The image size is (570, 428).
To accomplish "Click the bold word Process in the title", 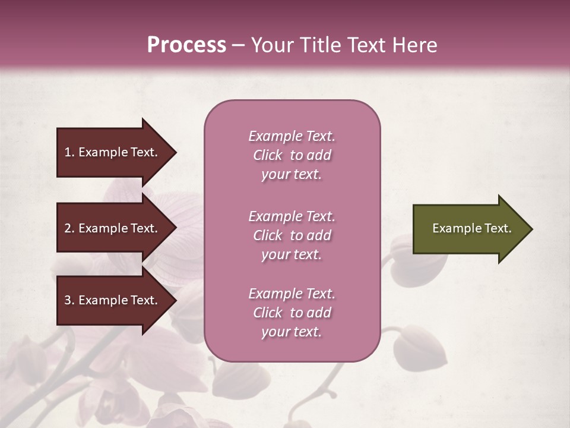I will point(186,45).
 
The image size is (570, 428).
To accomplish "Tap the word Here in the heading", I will point(415,45).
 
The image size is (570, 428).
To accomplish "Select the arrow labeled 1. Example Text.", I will point(113,153).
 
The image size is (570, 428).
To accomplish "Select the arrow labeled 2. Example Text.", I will point(113,229).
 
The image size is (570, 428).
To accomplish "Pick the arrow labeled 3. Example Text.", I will point(113,301).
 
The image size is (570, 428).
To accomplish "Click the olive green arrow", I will point(469,229).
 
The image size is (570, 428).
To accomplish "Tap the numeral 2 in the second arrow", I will point(68,229).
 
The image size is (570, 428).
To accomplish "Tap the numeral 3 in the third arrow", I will point(68,301).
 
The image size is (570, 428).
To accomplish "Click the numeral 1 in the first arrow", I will point(68,153).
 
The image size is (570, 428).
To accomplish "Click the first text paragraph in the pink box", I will point(292,155).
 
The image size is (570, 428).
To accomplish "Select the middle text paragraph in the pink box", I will point(292,235).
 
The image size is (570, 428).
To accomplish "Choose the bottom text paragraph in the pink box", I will point(292,313).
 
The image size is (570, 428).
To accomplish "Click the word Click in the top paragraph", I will point(268,155).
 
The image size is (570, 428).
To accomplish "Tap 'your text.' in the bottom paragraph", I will point(292,332).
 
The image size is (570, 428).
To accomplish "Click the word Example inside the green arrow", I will point(451,229).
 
